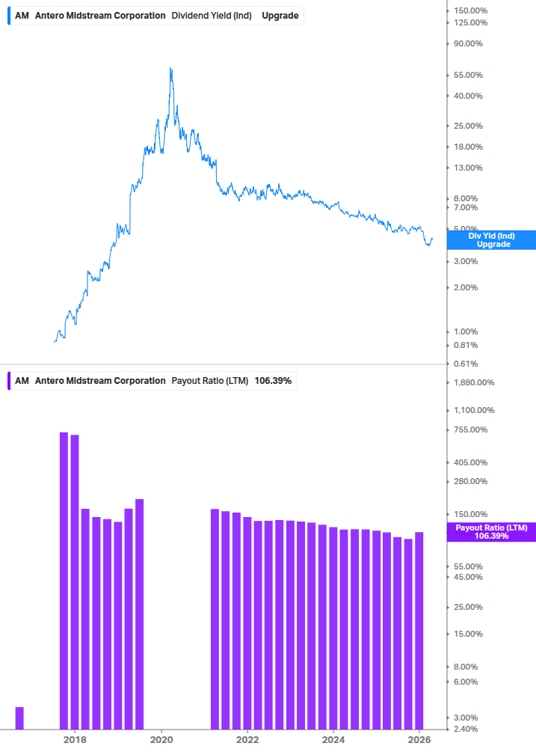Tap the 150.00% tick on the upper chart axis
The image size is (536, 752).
pos(472,10)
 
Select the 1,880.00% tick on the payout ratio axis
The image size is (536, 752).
pos(474,382)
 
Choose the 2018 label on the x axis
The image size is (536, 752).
pos(74,740)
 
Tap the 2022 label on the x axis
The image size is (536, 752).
pos(247,740)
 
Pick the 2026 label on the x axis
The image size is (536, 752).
pos(421,740)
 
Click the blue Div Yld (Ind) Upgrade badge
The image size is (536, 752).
pos(493,240)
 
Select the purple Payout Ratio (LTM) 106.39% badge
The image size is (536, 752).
pos(493,532)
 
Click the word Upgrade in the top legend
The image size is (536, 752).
pos(280,15)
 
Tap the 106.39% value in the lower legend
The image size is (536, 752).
pos(273,381)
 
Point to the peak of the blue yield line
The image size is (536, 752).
pos(170,69)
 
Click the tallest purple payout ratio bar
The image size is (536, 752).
pos(64,580)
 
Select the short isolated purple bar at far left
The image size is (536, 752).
pos(19,718)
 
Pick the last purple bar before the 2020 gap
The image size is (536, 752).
pos(139,614)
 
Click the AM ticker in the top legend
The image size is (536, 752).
pos(22,15)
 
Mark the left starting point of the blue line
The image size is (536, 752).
pos(55,342)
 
